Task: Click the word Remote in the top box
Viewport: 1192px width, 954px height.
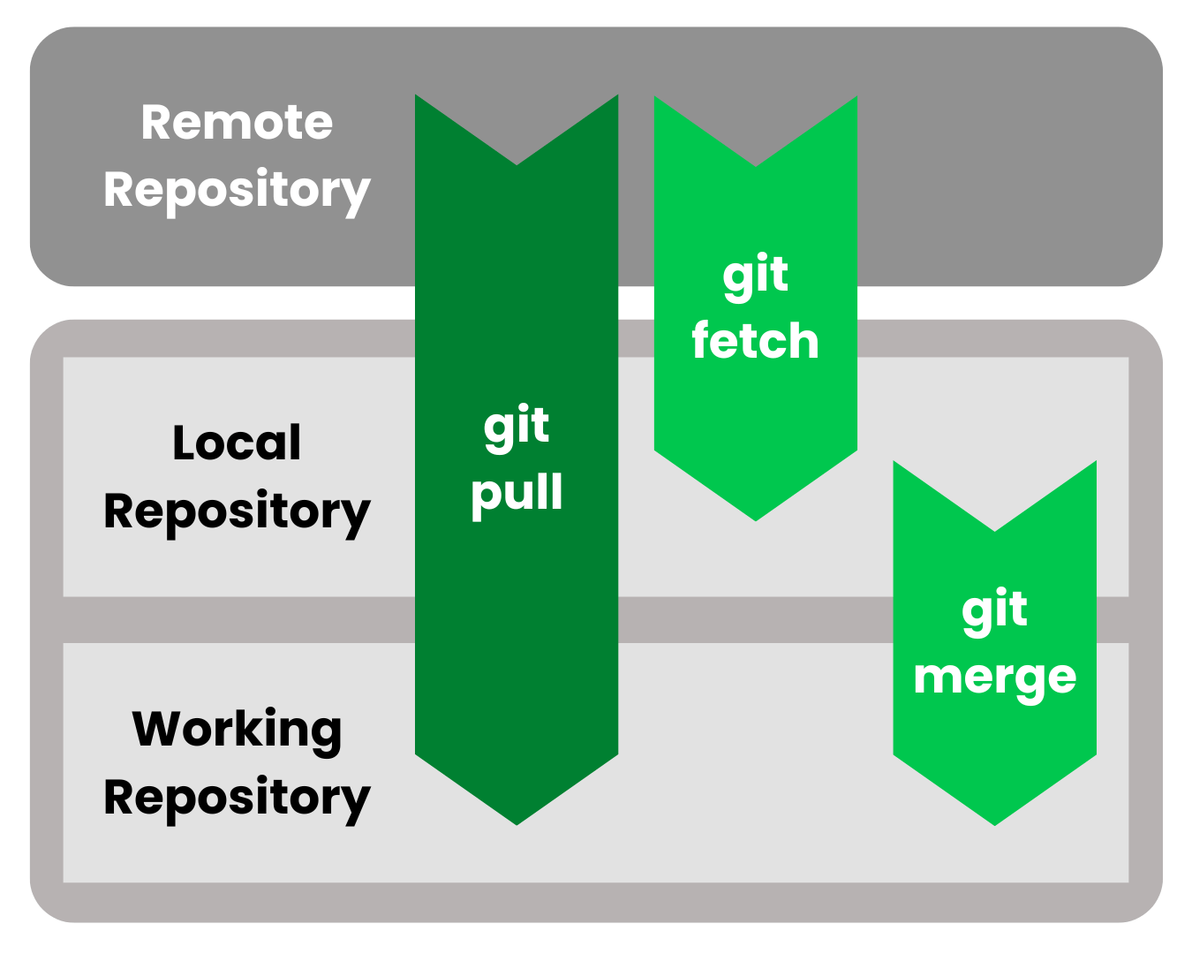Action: pos(237,122)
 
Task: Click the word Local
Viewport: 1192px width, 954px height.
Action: pos(237,443)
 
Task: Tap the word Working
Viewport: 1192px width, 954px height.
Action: pos(237,730)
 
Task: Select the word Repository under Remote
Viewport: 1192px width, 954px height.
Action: pos(237,191)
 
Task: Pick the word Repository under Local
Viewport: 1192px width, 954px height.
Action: pos(237,512)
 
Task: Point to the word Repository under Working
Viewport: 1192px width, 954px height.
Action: pos(237,799)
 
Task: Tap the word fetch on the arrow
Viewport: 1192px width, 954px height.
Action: pos(755,341)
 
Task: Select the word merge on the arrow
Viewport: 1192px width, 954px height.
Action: pos(994,678)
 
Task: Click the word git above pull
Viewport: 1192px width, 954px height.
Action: pos(517,428)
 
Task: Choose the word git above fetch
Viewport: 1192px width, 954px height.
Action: pos(755,276)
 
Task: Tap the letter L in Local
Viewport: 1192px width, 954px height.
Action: pos(183,443)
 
